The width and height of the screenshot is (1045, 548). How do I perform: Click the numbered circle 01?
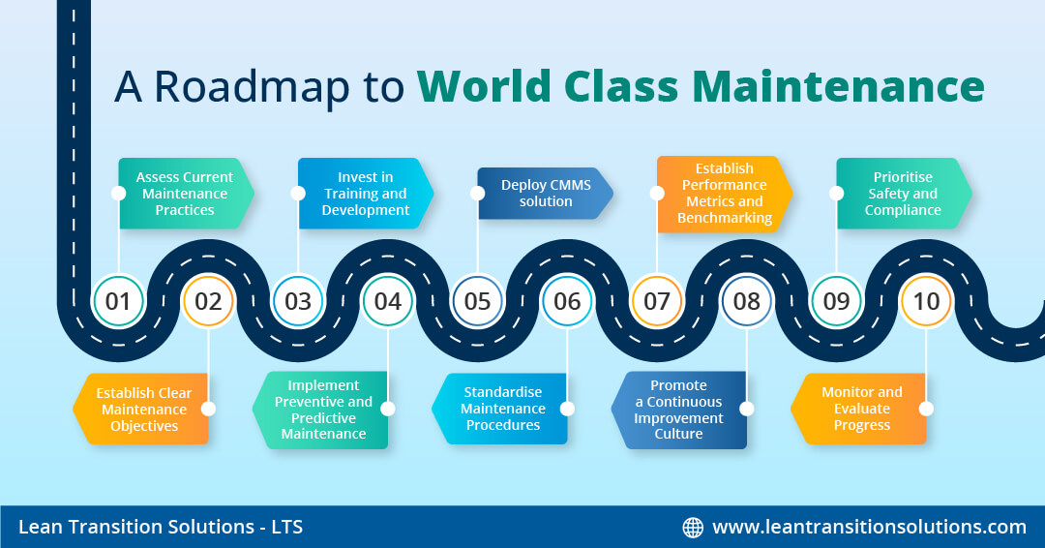[x=118, y=301]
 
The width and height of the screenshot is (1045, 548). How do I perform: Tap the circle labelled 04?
[x=388, y=301]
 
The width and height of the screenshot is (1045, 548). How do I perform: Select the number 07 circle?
[x=657, y=301]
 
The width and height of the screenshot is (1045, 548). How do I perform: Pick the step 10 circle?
[x=926, y=301]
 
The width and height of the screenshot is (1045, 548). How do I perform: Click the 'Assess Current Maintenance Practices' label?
[x=185, y=194]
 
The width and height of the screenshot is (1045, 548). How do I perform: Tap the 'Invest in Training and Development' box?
[x=365, y=194]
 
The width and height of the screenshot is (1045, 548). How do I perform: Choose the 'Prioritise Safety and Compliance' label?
[x=903, y=194]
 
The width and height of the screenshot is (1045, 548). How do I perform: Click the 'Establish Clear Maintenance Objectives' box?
[x=143, y=410]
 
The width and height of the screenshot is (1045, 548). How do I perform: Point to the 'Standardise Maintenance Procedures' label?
[x=502, y=409]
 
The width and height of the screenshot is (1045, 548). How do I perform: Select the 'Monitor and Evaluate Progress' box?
[x=861, y=409]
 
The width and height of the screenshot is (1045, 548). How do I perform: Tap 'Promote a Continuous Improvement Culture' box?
[x=682, y=410]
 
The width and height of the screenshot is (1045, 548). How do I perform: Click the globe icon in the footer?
[x=693, y=528]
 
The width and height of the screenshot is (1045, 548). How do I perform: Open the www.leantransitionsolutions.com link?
[x=869, y=528]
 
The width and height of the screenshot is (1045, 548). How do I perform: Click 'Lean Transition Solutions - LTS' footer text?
[x=160, y=528]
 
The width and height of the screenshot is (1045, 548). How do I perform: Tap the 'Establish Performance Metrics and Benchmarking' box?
[x=725, y=194]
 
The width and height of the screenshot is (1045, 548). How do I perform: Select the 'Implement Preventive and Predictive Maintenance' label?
[x=323, y=410]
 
